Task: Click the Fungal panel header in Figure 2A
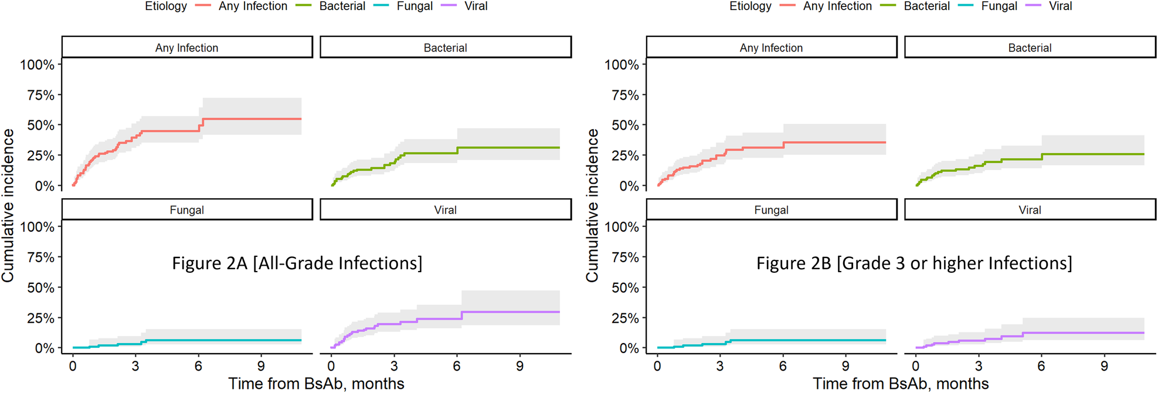pyautogui.click(x=186, y=210)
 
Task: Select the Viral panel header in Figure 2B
pyautogui.click(x=1030, y=210)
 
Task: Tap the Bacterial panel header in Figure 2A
pyautogui.click(x=445, y=48)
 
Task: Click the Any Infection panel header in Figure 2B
pyautogui.click(x=771, y=48)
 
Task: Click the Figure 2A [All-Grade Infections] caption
pyautogui.click(x=297, y=263)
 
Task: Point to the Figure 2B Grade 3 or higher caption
pyautogui.click(x=914, y=263)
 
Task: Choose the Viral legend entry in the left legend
pyautogui.click(x=476, y=6)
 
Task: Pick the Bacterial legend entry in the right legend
pyautogui.click(x=926, y=6)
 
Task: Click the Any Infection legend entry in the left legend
pyautogui.click(x=253, y=6)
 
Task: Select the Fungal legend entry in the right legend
pyautogui.click(x=999, y=6)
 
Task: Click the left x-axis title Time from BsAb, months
pyautogui.click(x=316, y=384)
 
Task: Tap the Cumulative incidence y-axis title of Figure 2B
pyautogui.click(x=592, y=205)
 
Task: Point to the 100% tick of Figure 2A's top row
pyautogui.click(x=37, y=65)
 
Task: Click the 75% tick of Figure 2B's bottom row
pyautogui.click(x=625, y=258)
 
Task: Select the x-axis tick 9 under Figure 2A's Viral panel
pyautogui.click(x=519, y=367)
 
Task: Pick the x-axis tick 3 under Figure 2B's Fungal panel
pyautogui.click(x=720, y=367)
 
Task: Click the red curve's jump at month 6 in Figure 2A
pyautogui.click(x=202, y=124)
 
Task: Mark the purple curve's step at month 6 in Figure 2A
pyautogui.click(x=461, y=316)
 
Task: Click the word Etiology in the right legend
pyautogui.click(x=750, y=6)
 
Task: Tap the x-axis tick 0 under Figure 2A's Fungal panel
pyautogui.click(x=73, y=367)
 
